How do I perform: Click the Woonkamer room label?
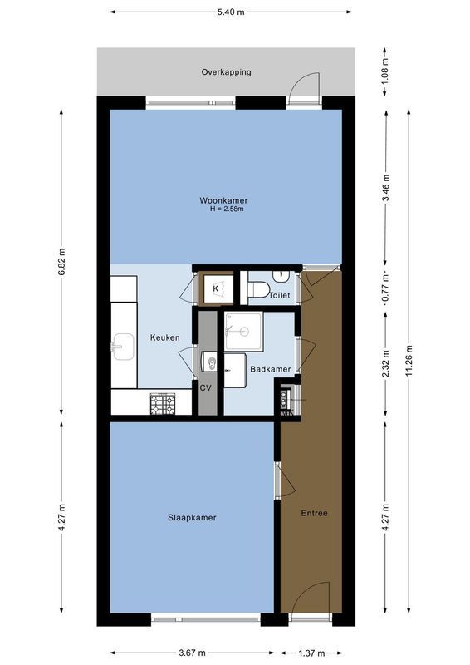(223, 200)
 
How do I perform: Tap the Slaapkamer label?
(192, 517)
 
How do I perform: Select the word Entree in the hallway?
(315, 513)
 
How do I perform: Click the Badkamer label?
(270, 369)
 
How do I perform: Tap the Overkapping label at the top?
(226, 72)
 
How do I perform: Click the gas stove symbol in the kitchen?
(163, 404)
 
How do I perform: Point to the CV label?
(206, 387)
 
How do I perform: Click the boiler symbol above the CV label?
(208, 362)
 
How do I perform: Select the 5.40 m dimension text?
(232, 12)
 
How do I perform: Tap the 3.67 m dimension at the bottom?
(192, 653)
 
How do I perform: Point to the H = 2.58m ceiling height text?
(223, 209)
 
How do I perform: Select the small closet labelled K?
(216, 288)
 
